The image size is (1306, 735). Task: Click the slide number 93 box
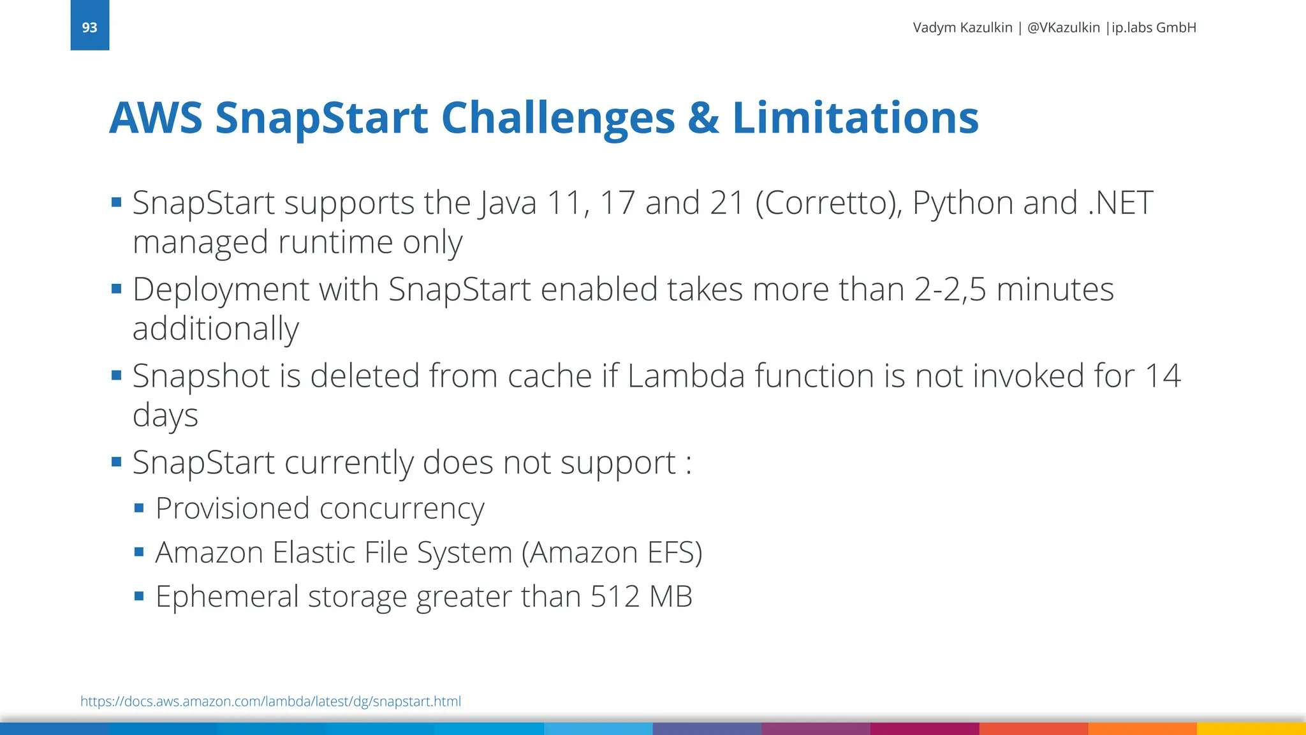89,26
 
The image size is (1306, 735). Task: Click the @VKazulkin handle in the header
1063,27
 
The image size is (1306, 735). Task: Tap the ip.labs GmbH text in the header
1154,27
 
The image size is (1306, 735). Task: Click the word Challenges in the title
558,119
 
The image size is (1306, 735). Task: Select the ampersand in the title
703,119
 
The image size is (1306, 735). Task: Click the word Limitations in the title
855,119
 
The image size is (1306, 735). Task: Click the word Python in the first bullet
963,204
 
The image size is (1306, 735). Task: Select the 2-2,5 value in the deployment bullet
950,290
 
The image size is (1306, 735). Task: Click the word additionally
216,329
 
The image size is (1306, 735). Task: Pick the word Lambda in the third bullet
686,376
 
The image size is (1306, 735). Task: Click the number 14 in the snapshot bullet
1163,376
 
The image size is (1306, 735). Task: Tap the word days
165,416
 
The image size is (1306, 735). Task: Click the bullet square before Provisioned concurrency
139,509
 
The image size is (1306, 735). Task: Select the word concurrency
402,509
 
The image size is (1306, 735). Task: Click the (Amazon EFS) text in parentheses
612,553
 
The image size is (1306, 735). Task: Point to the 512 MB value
641,597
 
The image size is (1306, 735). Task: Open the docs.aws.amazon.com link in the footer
270,701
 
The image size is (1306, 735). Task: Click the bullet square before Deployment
116,289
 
